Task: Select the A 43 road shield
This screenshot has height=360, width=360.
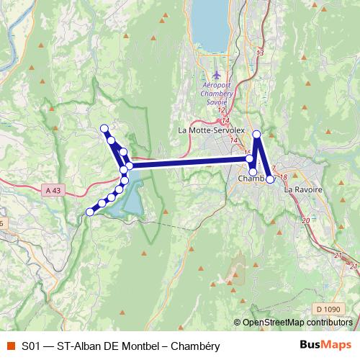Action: tap(52, 191)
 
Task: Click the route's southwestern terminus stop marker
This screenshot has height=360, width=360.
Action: tap(90, 211)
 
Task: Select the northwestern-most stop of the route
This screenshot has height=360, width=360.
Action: tap(104, 128)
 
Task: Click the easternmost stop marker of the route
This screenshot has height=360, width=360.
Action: tap(271, 179)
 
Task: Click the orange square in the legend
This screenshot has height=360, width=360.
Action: tap(10, 346)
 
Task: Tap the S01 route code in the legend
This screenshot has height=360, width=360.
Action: tap(31, 346)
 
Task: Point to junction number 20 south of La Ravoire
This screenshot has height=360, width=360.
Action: tap(306, 220)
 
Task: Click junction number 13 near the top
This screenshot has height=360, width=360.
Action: tap(261, 54)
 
